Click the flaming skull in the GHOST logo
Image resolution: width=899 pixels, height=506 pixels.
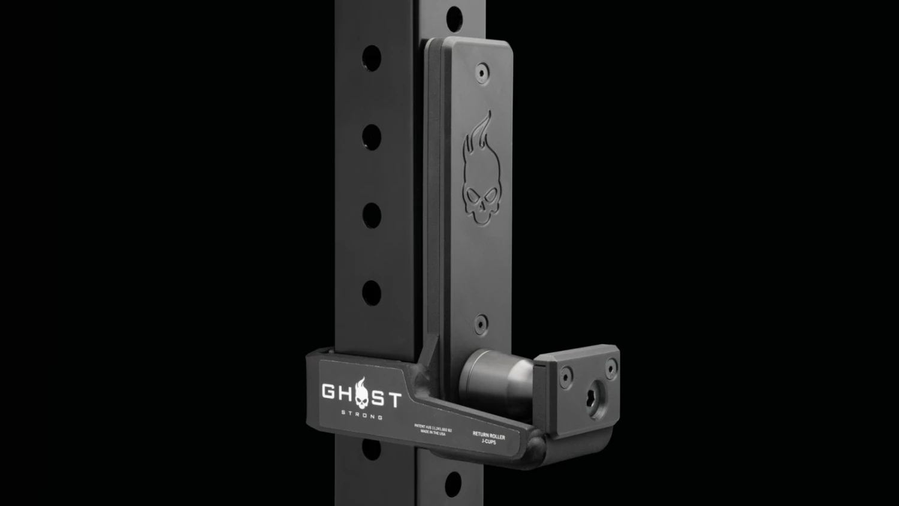pyautogui.click(x=361, y=393)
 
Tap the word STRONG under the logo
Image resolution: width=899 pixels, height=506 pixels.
pyautogui.click(x=362, y=414)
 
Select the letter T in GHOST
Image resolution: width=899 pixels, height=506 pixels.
pyautogui.click(x=392, y=399)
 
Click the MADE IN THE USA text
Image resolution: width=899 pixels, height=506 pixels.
pyautogui.click(x=433, y=432)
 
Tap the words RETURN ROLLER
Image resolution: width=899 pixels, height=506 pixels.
pyautogui.click(x=488, y=435)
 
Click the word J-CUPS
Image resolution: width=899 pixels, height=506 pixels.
pyautogui.click(x=488, y=442)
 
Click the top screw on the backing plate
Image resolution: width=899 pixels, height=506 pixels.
pyautogui.click(x=481, y=73)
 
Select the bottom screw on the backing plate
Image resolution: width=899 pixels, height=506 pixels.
pyautogui.click(x=481, y=324)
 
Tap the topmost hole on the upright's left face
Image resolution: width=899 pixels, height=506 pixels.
pyautogui.click(x=372, y=58)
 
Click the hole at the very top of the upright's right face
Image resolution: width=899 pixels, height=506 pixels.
pyautogui.click(x=454, y=17)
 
